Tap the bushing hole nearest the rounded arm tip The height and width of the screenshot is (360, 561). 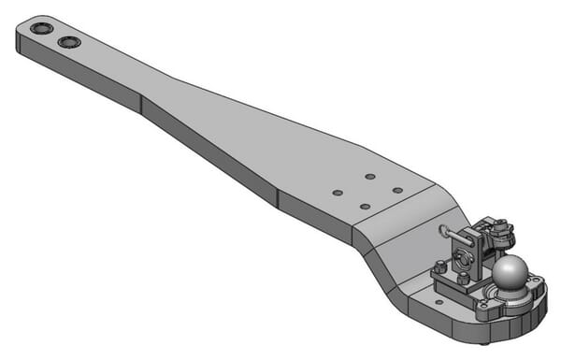point(41,29)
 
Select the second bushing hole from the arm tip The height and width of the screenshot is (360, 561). point(68,42)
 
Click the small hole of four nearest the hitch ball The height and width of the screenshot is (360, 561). point(397,191)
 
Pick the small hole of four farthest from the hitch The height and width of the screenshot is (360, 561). point(338,193)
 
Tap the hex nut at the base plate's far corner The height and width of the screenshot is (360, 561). point(439,267)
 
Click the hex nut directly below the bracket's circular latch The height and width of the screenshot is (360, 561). point(463,279)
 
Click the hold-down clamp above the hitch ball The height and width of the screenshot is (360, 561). point(500,229)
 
